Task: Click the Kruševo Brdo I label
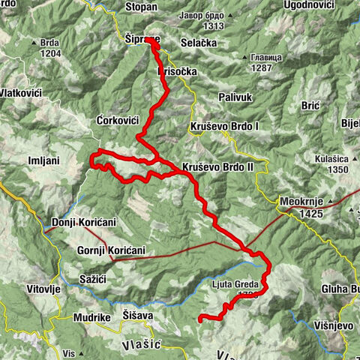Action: [x=225, y=127]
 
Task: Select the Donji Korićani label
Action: [x=83, y=223]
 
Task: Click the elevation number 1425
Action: [x=308, y=214]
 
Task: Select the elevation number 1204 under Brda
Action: [x=50, y=54]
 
